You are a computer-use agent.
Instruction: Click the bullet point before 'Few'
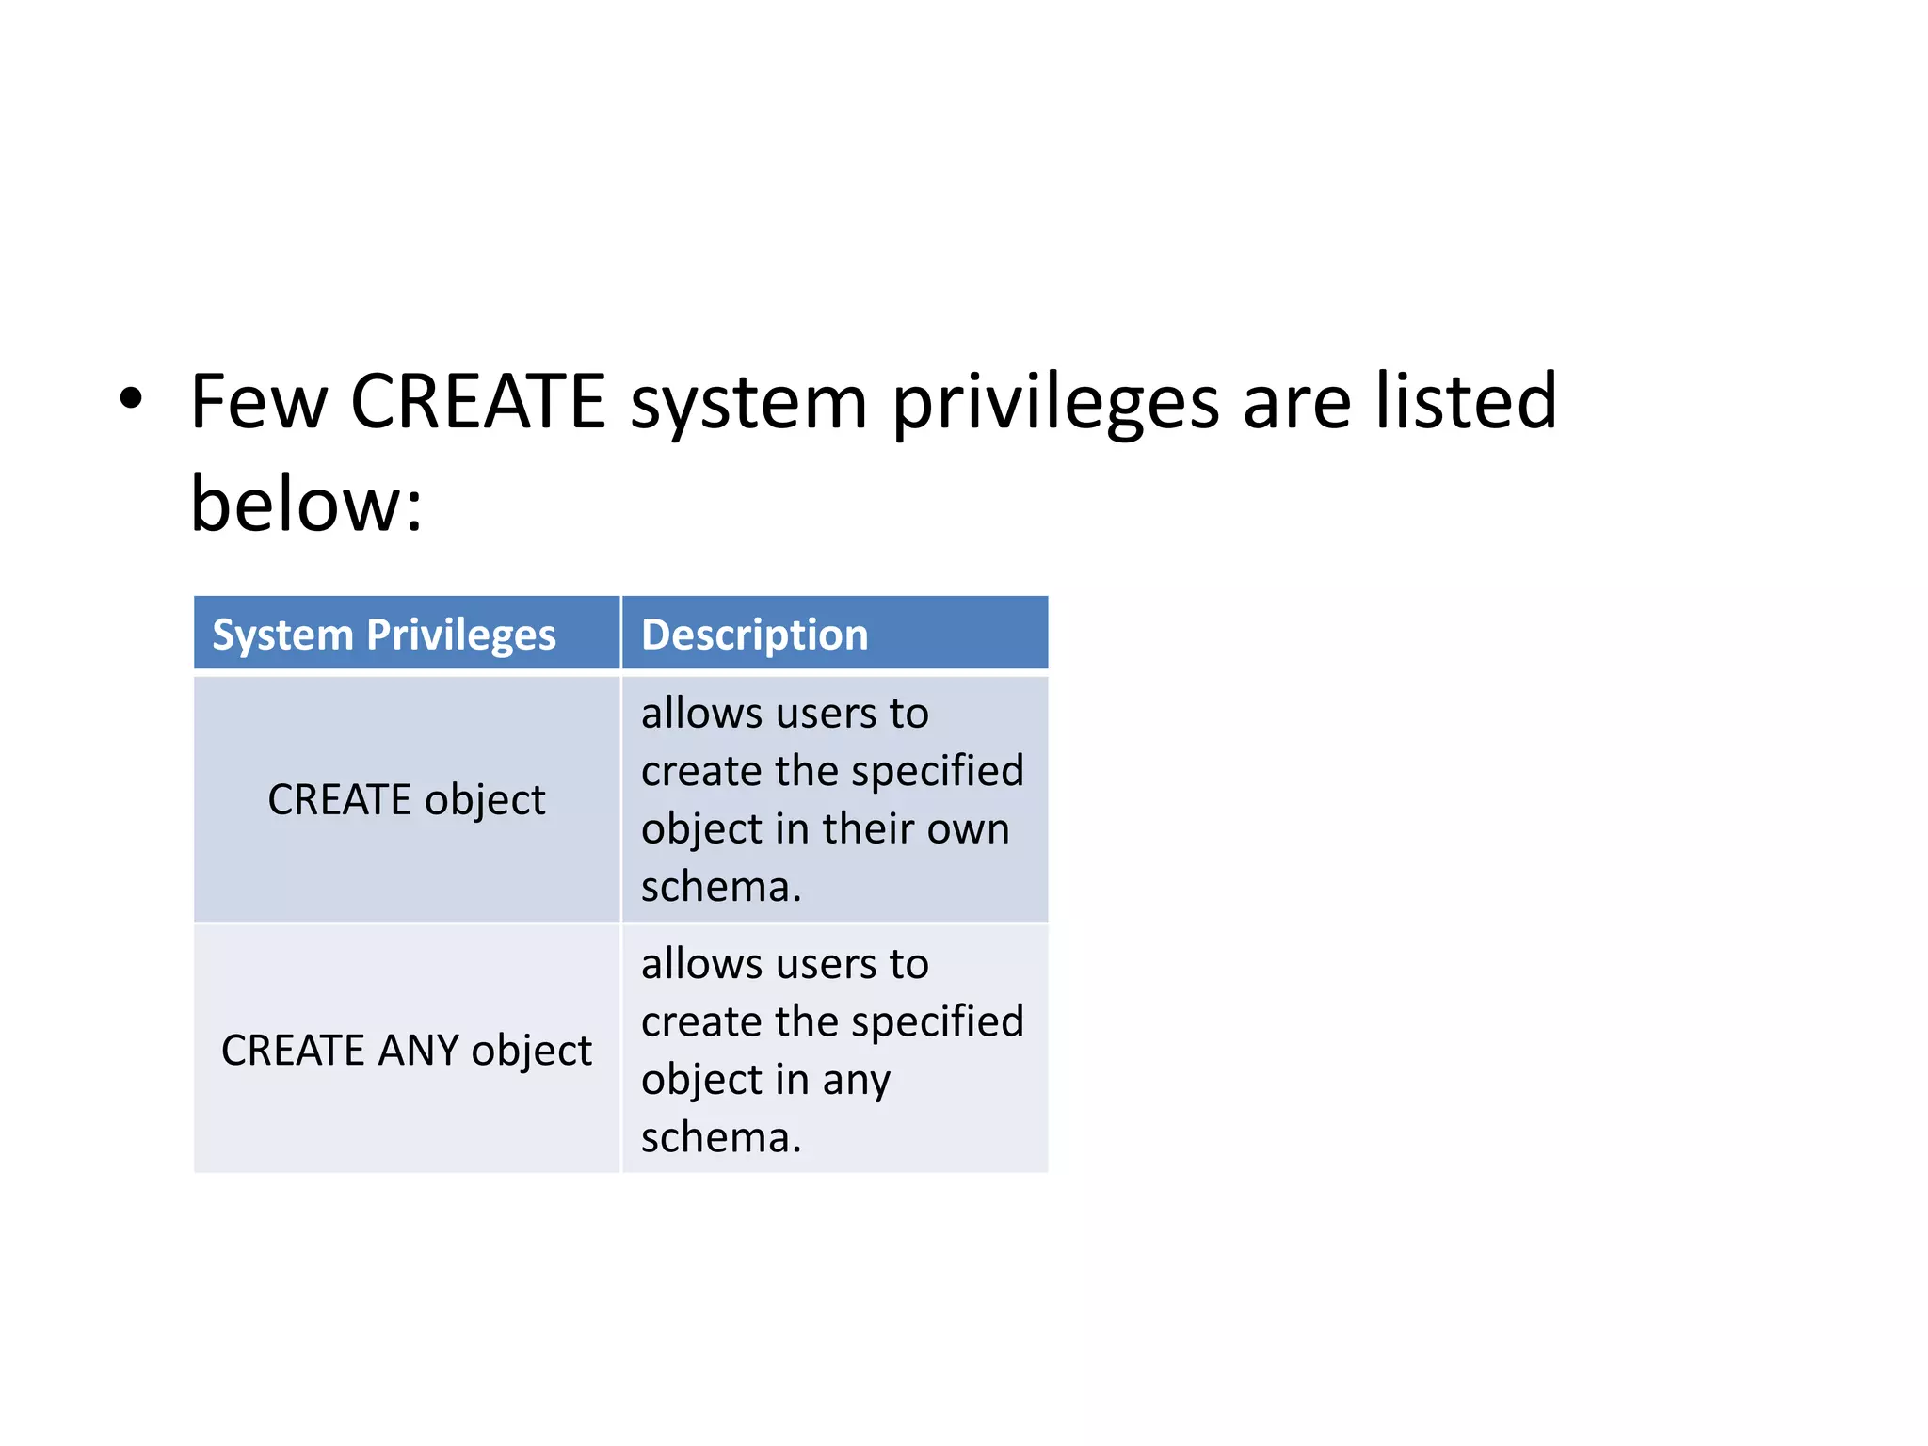click(131, 399)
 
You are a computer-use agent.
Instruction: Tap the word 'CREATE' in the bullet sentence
click(477, 402)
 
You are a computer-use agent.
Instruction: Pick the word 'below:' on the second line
click(307, 505)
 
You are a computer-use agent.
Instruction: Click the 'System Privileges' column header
click(384, 635)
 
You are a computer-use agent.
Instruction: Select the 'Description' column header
click(754, 635)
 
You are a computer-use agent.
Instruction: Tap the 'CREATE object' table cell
click(407, 800)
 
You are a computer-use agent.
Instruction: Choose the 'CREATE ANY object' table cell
click(407, 1051)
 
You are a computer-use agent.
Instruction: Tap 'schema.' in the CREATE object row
click(721, 887)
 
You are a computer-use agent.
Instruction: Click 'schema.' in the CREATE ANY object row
click(721, 1137)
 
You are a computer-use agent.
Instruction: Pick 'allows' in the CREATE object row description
click(702, 714)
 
